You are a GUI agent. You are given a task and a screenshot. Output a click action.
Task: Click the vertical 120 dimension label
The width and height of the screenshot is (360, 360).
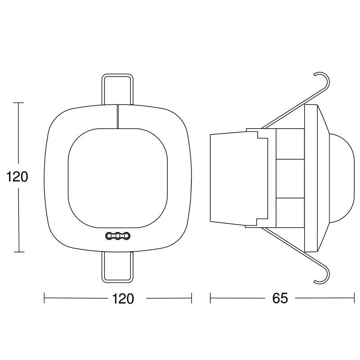click(17, 177)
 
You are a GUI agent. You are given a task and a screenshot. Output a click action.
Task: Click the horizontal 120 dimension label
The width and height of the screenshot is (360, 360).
click(123, 298)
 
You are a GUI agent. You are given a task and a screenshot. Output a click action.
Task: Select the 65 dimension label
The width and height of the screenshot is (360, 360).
click(280, 298)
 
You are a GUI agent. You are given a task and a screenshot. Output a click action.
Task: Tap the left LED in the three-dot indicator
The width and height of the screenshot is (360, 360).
click(108, 235)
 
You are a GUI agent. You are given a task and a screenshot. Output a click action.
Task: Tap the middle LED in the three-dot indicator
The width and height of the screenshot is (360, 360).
click(117, 235)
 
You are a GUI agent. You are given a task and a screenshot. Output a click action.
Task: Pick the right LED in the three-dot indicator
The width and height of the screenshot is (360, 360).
click(126, 235)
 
